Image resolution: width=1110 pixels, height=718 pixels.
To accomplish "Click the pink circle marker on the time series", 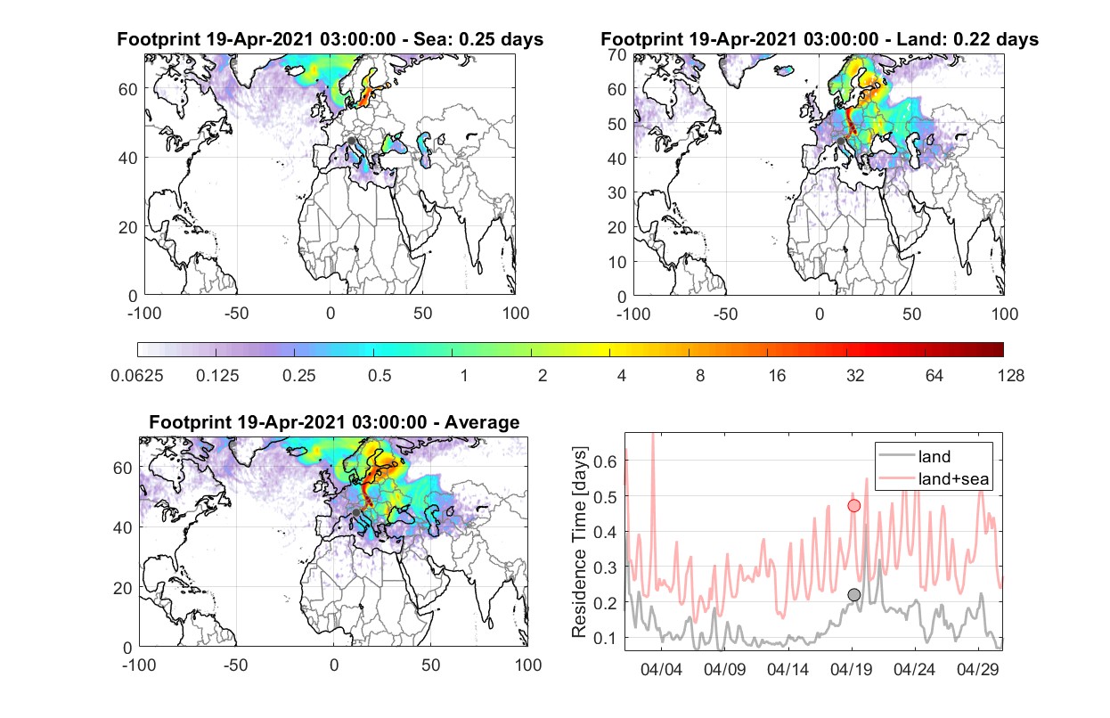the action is tap(853, 505).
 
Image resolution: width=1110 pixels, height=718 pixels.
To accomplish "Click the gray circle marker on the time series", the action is tap(853, 594).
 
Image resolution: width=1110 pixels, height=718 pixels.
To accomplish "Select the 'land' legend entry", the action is tap(935, 456).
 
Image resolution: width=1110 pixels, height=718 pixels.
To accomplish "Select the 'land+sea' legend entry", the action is tap(953, 478).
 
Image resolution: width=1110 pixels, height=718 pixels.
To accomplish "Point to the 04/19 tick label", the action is tap(851, 669).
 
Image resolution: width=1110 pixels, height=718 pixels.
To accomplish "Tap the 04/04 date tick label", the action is tap(661, 669).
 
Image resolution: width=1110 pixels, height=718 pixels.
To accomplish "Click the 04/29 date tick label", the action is tap(977, 669).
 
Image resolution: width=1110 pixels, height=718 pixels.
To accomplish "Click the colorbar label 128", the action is tap(1011, 376).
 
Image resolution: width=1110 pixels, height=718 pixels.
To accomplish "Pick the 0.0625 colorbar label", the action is tap(137, 376).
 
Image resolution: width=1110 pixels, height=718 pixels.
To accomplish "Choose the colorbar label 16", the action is tap(777, 376).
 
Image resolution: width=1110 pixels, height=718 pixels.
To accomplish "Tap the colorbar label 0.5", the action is tap(380, 376).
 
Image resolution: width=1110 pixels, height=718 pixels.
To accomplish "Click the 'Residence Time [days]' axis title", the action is tap(579, 542).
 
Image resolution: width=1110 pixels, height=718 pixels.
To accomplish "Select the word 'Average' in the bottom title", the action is tap(482, 422).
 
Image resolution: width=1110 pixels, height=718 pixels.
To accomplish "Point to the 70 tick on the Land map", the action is tap(617, 54).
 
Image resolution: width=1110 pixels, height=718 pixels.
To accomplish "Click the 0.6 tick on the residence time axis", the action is tap(605, 461).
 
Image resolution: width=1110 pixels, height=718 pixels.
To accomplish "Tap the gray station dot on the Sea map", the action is tap(351, 141).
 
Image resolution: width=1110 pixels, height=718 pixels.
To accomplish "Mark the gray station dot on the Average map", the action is tap(355, 512).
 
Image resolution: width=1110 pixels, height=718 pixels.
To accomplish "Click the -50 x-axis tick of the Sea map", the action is tap(237, 314).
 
